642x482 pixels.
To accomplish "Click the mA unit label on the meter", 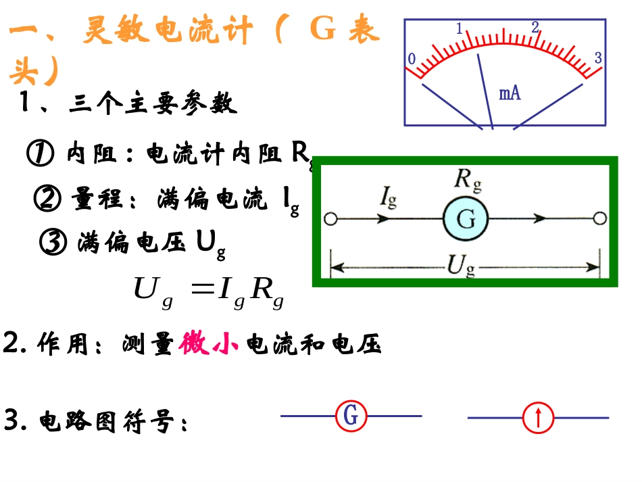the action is pos(510,93).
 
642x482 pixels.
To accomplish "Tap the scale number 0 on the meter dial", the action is pos(411,59).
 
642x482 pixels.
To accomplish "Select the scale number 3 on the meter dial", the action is pos(598,58).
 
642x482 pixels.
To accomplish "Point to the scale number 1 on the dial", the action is pos(460,29).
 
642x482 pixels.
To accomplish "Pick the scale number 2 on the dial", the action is pos(535,28).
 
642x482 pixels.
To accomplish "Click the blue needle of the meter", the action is pos(486,91).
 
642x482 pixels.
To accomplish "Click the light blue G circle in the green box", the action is pos(466,219).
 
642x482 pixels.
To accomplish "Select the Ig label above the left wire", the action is pos(388,198).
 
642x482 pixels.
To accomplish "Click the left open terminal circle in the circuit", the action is pos(330,219).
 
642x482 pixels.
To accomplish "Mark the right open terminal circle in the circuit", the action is pos(599,218).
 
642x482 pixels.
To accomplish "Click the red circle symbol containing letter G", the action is pos(351,416).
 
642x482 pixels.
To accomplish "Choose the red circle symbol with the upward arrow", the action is pos(539,418).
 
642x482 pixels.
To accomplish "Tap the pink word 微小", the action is pos(209,344).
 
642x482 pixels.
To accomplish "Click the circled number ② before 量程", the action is pos(48,199).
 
